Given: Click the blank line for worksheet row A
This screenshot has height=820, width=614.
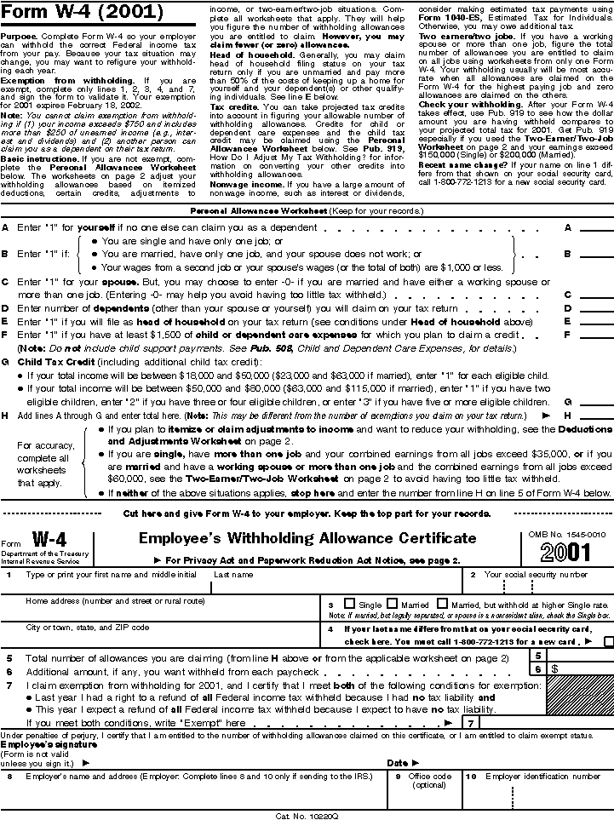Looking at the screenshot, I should [596, 229].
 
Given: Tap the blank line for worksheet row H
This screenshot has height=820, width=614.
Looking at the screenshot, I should [596, 416].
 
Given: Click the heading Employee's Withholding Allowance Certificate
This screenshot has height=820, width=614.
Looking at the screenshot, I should [307, 538].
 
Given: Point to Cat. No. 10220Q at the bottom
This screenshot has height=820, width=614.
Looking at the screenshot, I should [307, 814].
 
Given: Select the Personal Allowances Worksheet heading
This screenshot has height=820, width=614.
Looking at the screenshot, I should [306, 210].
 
